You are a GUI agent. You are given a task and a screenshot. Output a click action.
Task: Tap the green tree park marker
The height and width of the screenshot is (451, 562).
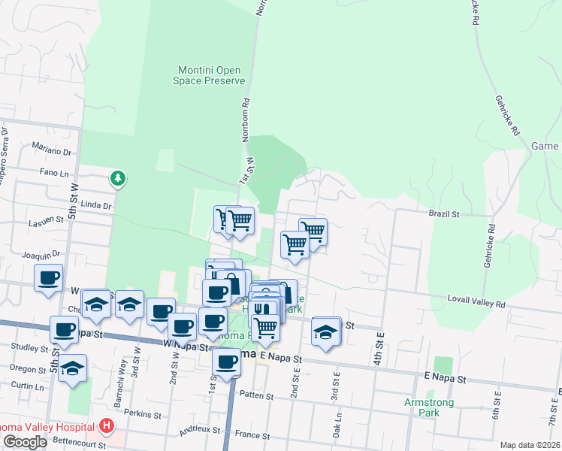tap(117, 179)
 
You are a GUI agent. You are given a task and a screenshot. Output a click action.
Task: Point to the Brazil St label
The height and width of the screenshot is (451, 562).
tap(444, 214)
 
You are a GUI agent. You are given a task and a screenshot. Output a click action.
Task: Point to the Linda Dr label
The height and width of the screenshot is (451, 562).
tap(95, 204)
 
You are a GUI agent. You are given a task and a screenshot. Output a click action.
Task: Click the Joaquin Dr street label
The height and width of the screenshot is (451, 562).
tap(41, 255)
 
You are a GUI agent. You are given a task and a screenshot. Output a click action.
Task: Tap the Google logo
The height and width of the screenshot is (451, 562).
tap(25, 442)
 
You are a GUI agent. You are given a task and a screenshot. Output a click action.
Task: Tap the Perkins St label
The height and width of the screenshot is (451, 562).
tap(142, 414)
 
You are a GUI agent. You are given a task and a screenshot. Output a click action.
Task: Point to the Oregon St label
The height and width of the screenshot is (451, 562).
tap(28, 368)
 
